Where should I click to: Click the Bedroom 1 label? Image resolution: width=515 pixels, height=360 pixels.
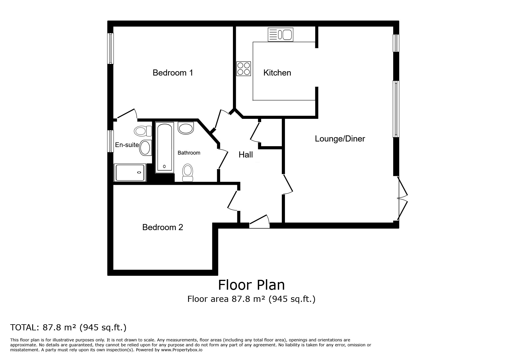(173, 73)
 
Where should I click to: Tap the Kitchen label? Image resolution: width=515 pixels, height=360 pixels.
(277, 73)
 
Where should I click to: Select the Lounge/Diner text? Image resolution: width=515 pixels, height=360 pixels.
(340, 139)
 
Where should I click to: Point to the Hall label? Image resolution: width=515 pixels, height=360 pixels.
(245, 155)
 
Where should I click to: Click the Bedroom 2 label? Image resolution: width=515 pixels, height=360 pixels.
(163, 227)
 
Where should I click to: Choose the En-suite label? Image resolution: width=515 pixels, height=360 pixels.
(127, 145)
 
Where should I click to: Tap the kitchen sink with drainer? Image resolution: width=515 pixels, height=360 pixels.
(280, 35)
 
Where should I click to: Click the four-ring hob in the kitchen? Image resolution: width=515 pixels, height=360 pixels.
(244, 69)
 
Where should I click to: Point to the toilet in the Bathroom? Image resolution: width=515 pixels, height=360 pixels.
(187, 172)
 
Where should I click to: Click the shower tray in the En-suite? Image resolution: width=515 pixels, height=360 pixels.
(130, 172)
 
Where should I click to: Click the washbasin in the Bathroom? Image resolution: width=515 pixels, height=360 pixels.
(186, 128)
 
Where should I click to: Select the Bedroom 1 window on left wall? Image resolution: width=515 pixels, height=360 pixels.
(111, 49)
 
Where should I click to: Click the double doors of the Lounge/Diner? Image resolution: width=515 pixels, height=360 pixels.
(402, 198)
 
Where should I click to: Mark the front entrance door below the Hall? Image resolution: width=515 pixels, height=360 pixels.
(259, 222)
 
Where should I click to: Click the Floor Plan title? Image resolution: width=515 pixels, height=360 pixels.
(251, 285)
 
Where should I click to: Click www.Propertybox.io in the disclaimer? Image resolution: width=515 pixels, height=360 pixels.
(182, 350)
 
